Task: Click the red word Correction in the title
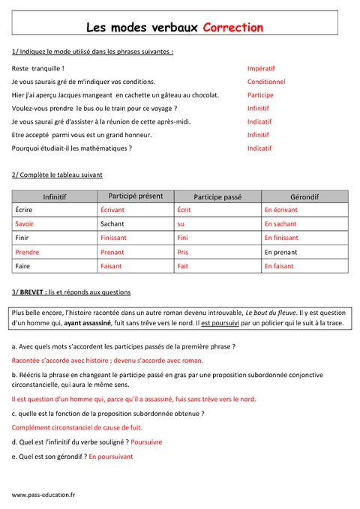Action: tap(233, 28)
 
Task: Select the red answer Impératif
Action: tap(262, 68)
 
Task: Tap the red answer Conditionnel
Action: tap(266, 82)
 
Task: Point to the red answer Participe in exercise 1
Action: tap(260, 95)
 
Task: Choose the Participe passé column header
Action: tap(217, 196)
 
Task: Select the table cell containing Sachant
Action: tap(112, 223)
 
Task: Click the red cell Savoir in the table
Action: tap(25, 223)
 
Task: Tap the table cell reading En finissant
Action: tap(281, 238)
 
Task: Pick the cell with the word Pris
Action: tap(182, 252)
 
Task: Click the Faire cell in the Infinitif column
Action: tap(23, 266)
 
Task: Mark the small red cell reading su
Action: tap(180, 223)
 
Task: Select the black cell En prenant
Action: tap(280, 252)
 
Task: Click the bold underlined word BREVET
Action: tap(33, 292)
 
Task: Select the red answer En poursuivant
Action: tap(110, 456)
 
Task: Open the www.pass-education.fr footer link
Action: tap(43, 495)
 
